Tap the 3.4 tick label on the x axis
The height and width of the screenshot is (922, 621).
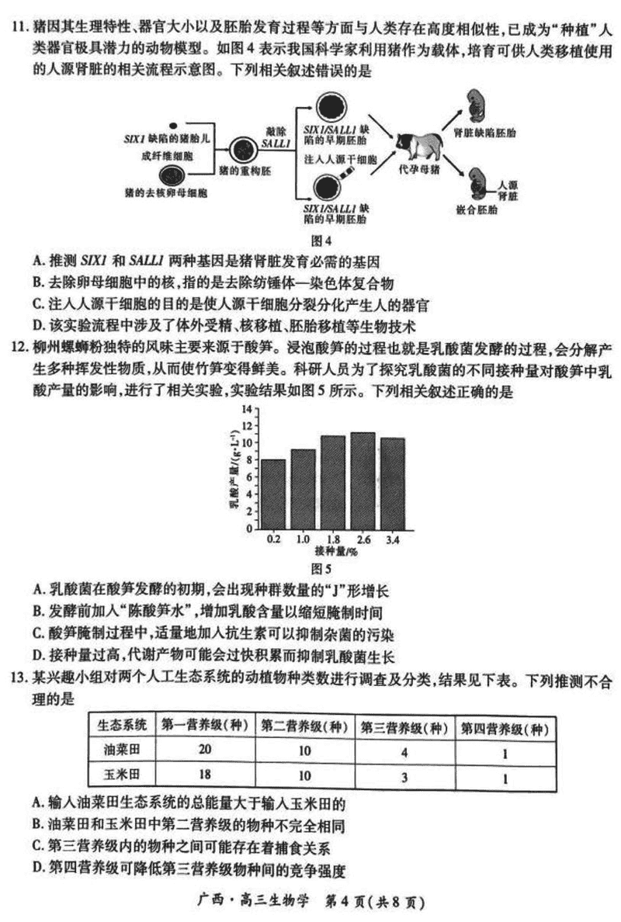[394, 539]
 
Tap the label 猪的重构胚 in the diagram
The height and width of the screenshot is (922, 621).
[243, 169]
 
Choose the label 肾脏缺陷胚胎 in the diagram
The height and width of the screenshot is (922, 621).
[490, 133]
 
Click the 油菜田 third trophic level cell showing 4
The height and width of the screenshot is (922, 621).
[404, 751]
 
